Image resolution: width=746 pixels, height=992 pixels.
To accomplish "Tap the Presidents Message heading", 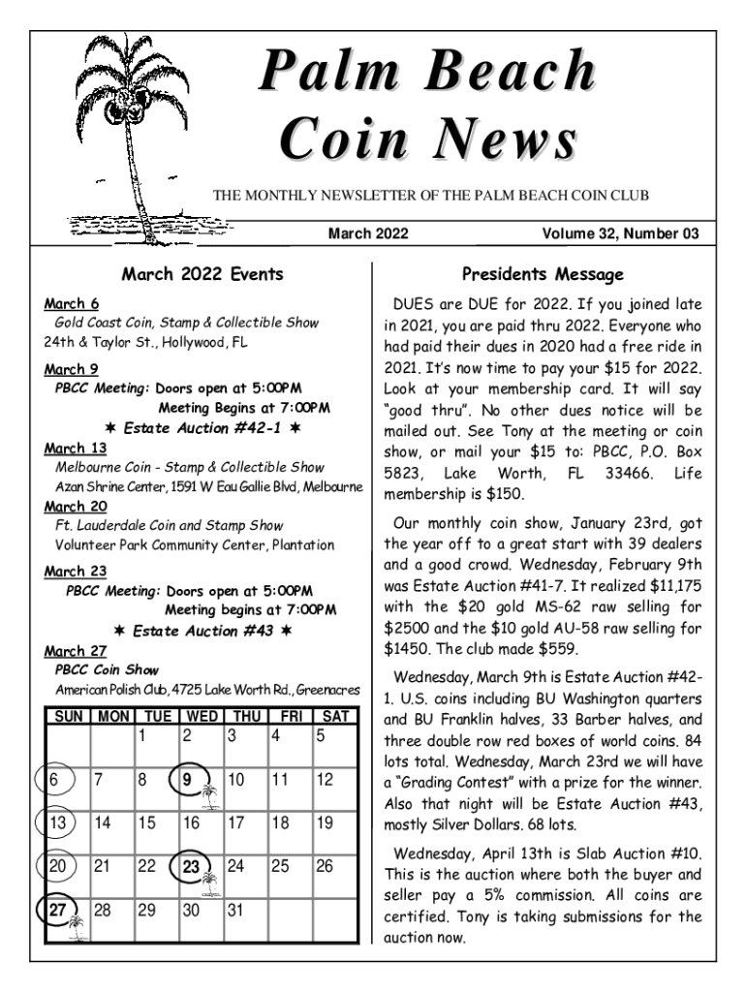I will [x=543, y=275].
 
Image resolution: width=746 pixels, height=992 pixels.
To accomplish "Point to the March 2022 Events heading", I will [x=202, y=274].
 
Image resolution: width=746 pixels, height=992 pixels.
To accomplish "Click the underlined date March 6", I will [x=71, y=304].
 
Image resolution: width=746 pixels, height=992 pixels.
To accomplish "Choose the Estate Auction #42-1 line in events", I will [x=202, y=427].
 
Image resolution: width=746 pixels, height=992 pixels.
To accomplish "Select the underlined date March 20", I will [x=76, y=506].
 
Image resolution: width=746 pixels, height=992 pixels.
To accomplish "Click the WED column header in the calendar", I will [x=202, y=717].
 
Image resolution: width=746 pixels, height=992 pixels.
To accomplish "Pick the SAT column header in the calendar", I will [x=334, y=717].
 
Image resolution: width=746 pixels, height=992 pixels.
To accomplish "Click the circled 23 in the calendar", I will [x=192, y=866].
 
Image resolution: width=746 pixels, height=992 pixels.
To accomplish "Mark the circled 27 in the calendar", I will [x=58, y=911].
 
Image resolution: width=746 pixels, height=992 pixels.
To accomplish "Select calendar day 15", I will [x=146, y=823].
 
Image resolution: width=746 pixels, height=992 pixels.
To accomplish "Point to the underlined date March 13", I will [x=76, y=448].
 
